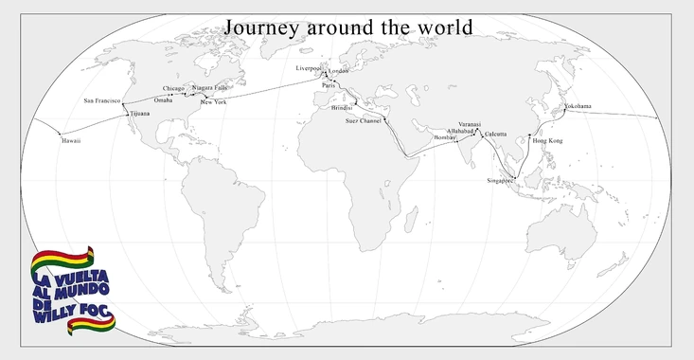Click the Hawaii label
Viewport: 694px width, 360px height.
point(71,140)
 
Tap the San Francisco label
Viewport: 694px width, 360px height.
point(102,100)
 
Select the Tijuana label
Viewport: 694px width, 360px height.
point(139,114)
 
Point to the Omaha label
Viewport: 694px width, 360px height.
point(163,100)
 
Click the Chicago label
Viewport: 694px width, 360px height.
point(174,89)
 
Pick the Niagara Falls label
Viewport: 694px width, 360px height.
point(209,87)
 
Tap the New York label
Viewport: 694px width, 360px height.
point(214,101)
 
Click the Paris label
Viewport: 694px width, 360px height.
point(329,85)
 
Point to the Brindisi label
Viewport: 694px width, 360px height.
point(342,108)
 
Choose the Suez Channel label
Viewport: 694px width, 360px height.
point(364,121)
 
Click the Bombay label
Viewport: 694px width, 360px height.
point(444,137)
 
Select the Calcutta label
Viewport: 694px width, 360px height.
point(495,135)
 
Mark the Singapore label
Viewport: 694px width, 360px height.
point(500,179)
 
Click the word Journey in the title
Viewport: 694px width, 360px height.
point(265,27)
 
